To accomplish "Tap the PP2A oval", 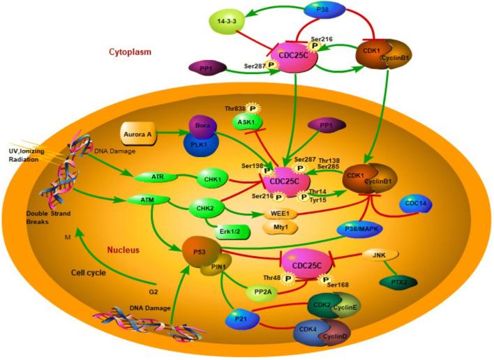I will [x=265, y=292].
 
